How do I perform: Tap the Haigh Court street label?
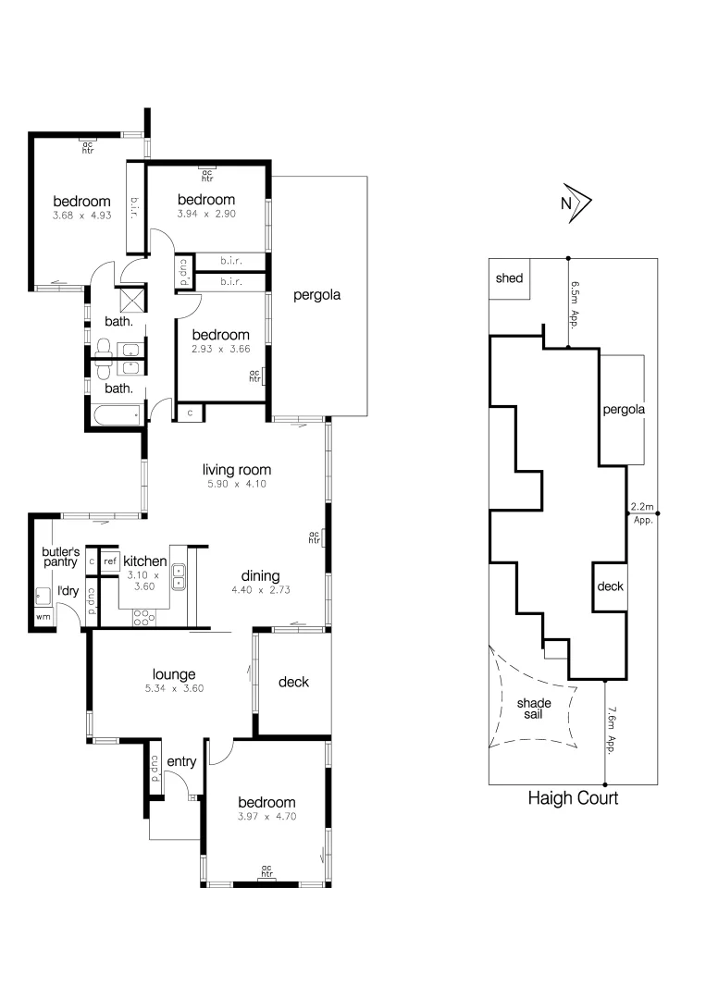573,797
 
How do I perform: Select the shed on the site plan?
510,278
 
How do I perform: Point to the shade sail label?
534,709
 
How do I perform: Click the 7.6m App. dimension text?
612,727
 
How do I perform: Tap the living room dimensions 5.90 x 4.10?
236,484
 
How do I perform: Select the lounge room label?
175,674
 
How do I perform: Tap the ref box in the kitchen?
110,561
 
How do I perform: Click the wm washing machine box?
43,616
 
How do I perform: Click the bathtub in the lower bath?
116,414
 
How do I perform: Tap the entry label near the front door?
181,761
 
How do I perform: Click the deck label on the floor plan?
293,683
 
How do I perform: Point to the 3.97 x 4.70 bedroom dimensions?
266,817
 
